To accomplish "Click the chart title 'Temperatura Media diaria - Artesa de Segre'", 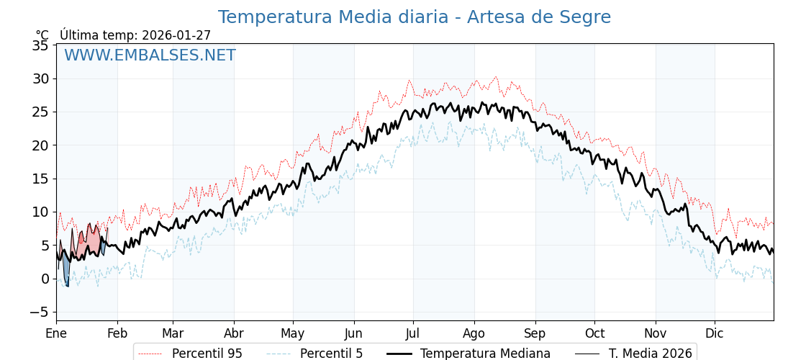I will click(414, 17).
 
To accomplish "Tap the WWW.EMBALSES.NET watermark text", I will click(150, 55).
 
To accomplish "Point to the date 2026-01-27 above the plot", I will click(176, 35).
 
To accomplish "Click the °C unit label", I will click(42, 35).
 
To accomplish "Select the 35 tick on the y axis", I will click(40, 45).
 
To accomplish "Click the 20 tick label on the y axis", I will click(40, 145).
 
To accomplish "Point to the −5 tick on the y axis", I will click(37, 312).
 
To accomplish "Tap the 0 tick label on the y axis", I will click(45, 279).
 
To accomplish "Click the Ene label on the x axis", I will click(56, 333).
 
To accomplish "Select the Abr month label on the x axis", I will click(234, 333).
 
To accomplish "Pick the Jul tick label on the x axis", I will click(413, 333).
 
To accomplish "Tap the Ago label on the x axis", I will click(474, 333).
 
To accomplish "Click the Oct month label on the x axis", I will click(594, 333).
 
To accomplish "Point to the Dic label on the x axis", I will click(715, 333).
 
